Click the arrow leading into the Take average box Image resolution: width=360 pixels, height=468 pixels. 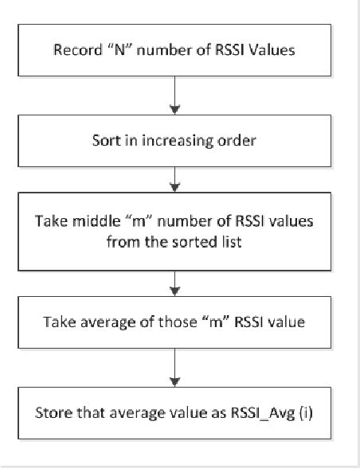174,286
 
